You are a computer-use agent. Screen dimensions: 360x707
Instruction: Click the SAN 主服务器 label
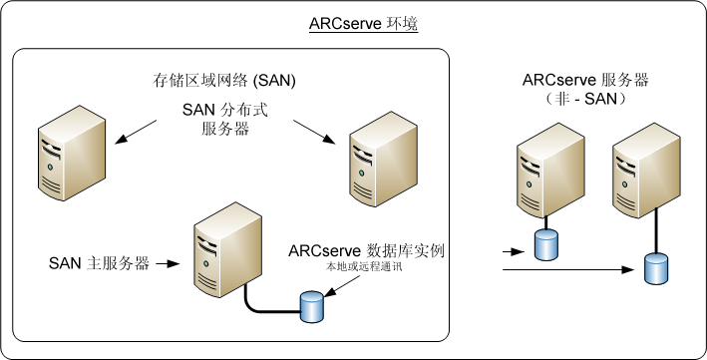[x=99, y=264]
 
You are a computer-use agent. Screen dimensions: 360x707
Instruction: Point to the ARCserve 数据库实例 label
[x=365, y=250]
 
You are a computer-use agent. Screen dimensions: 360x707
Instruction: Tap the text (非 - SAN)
[x=580, y=100]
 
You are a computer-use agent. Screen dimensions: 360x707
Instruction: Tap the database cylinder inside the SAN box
[x=312, y=307]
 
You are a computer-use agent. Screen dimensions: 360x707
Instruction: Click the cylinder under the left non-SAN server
[x=544, y=245]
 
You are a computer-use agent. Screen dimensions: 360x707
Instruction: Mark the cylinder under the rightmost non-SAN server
[x=655, y=268]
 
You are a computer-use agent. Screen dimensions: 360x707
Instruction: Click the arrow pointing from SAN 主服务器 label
[x=168, y=264]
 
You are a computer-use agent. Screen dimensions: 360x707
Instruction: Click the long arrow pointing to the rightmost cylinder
[x=568, y=269]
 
